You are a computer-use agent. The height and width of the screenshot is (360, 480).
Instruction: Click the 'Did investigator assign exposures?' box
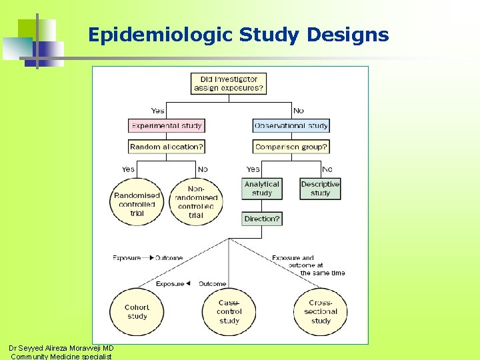click(x=229, y=83)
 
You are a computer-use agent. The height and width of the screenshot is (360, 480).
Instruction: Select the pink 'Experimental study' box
click(x=166, y=125)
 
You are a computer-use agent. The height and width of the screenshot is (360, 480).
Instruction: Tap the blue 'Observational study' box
click(x=291, y=125)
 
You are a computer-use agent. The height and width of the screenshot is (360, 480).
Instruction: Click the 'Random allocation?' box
click(x=166, y=147)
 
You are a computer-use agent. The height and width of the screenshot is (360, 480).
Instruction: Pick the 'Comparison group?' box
click(x=291, y=147)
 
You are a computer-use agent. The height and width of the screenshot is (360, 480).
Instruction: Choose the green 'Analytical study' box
click(x=262, y=189)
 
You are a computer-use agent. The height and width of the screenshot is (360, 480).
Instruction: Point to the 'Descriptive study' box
click(x=320, y=189)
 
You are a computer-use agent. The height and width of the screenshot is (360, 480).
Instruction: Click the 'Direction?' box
click(x=262, y=219)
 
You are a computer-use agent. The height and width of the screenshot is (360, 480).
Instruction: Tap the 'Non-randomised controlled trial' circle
click(x=195, y=202)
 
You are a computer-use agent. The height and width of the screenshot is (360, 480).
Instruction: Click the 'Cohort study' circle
click(x=137, y=311)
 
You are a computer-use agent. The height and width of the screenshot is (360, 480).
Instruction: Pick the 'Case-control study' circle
click(x=229, y=311)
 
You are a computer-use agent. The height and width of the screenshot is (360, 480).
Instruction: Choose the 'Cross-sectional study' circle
click(x=321, y=311)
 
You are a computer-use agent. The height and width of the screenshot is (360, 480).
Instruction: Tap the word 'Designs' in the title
click(x=347, y=35)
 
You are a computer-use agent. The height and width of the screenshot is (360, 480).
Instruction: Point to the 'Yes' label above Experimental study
click(x=158, y=111)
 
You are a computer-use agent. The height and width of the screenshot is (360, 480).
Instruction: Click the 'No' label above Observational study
click(x=299, y=111)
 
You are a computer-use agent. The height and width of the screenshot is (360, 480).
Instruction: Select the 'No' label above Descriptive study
click(x=327, y=169)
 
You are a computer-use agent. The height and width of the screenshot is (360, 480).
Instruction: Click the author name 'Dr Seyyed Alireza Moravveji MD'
click(x=61, y=348)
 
